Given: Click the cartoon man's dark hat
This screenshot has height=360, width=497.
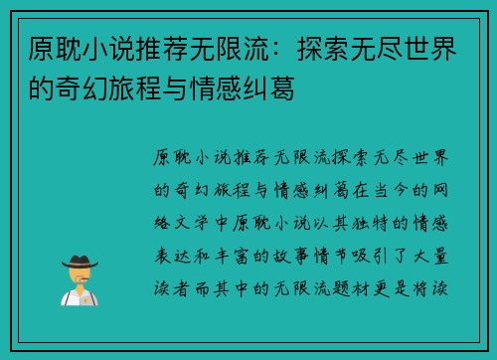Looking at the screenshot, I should pyautogui.click(x=79, y=261).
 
